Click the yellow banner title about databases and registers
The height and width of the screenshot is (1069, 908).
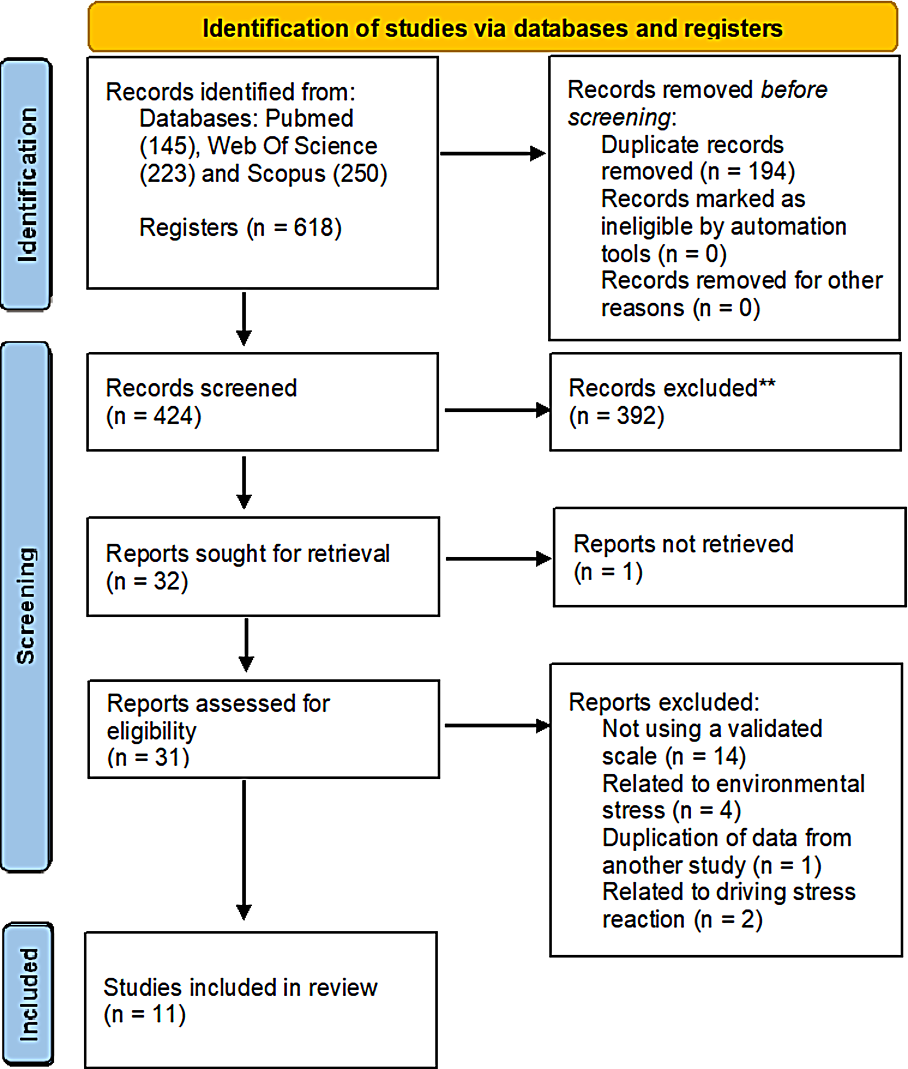[x=492, y=28]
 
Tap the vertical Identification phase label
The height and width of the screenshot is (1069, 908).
[x=27, y=184]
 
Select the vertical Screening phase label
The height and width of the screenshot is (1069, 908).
[x=26, y=606]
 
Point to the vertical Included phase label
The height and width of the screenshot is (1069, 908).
[x=28, y=994]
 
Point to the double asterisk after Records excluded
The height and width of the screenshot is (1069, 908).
[x=767, y=384]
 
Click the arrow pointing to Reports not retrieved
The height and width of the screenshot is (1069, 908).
[x=498, y=559]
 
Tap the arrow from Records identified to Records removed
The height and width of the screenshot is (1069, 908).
[x=493, y=154]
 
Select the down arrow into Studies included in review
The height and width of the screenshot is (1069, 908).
[x=244, y=849]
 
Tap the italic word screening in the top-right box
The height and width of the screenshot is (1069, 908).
[x=619, y=118]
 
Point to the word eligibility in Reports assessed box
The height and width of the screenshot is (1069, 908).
[x=151, y=731]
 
